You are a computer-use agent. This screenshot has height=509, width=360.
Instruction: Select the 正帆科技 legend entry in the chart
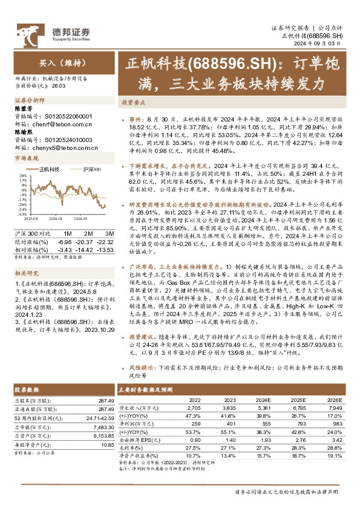point(49,170)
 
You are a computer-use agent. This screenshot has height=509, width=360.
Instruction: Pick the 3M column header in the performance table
point(109,233)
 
